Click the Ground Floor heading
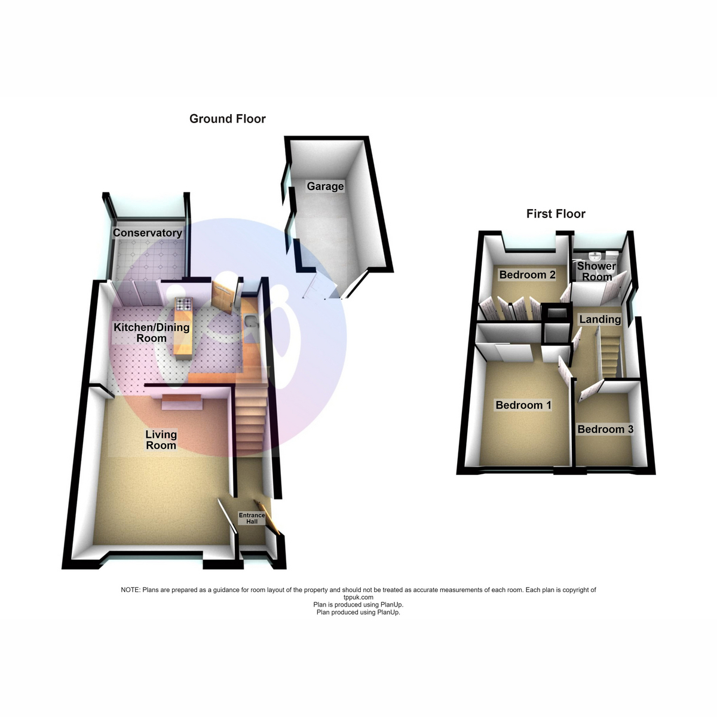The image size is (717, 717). (227, 119)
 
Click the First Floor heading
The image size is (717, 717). (556, 213)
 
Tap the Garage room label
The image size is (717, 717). (325, 186)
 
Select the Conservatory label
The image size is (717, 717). (148, 233)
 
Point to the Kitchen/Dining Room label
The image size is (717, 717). (151, 333)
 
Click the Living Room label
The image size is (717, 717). (161, 440)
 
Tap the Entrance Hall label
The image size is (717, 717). (252, 518)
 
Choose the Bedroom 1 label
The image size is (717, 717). (523, 405)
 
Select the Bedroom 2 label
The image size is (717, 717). (527, 275)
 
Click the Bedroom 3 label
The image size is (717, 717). (605, 429)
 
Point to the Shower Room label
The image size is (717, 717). (596, 271)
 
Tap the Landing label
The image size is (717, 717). (600, 319)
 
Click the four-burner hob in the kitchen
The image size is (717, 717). (184, 304)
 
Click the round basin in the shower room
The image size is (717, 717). (594, 256)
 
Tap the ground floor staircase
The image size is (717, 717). (251, 421)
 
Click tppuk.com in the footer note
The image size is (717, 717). (358, 597)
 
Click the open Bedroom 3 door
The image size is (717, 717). (591, 391)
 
